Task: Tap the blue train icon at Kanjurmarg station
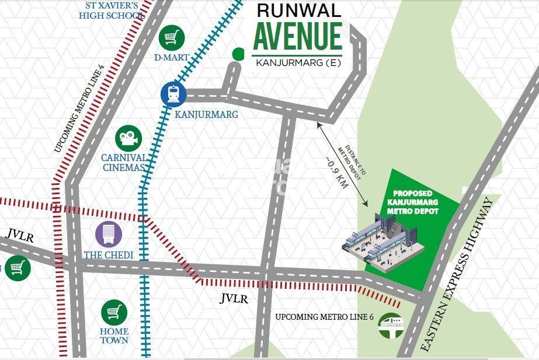(x=173, y=93)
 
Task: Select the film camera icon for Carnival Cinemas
(x=128, y=138)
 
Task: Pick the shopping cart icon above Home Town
(x=114, y=313)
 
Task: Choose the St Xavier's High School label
(x=112, y=11)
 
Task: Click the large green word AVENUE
(x=297, y=36)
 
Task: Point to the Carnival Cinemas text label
(x=124, y=162)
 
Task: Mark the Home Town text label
(x=114, y=335)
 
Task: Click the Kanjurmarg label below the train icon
(x=207, y=114)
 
